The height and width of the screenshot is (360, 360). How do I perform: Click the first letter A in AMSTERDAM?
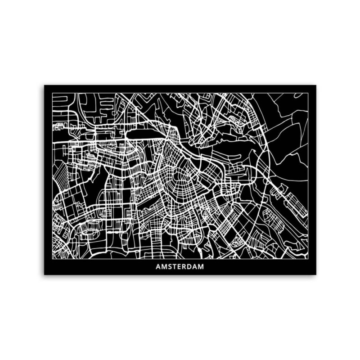[x=158, y=267]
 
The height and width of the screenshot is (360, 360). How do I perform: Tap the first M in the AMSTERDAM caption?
[x=164, y=267]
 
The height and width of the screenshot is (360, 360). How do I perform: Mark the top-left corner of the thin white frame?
[x=52, y=93]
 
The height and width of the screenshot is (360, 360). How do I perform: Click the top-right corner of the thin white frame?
[x=308, y=93]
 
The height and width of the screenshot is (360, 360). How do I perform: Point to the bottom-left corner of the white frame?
[x=52, y=259]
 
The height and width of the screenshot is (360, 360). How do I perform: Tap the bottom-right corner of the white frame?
[x=308, y=259]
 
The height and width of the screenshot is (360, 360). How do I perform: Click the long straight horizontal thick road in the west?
[x=90, y=143]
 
